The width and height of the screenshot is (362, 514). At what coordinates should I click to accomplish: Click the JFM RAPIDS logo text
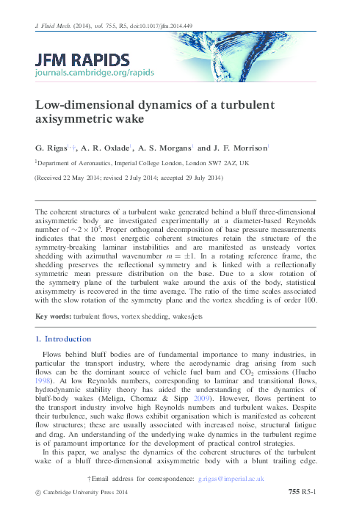83,59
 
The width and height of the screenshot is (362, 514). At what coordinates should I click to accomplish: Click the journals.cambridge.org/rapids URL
83,73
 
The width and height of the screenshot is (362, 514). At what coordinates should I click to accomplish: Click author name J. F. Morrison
237,147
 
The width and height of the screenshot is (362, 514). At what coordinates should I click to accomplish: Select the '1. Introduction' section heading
64,339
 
